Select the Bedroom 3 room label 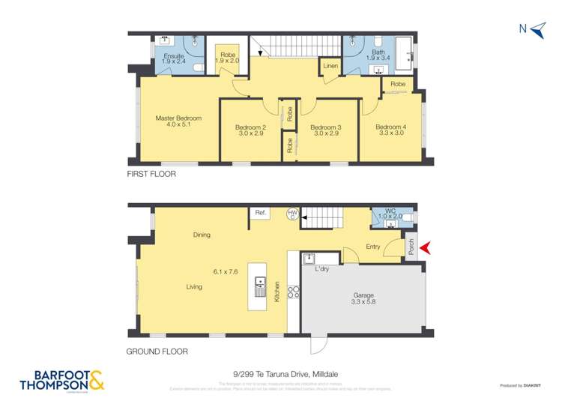[x=325, y=128]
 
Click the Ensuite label [x=174, y=56]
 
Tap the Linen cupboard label [x=330, y=67]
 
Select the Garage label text [x=363, y=295]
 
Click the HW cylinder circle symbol [x=294, y=215]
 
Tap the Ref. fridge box [x=260, y=214]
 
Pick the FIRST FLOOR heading [x=152, y=173]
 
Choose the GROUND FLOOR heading [x=157, y=351]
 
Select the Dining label [x=201, y=235]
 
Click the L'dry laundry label [x=322, y=268]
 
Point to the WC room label [x=390, y=211]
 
